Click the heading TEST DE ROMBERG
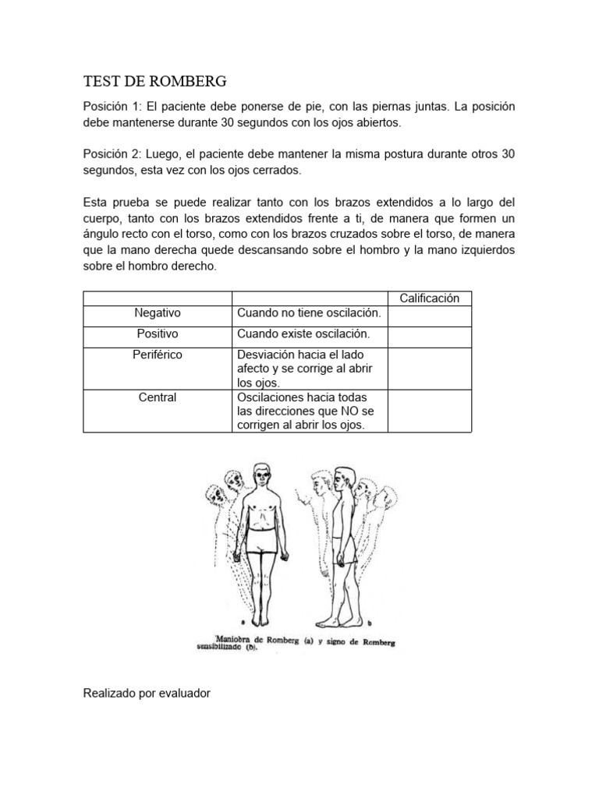pos(154,81)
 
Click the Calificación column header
pos(429,298)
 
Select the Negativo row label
pos(158,312)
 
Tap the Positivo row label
pos(158,334)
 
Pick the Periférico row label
pos(158,355)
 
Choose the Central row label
pos(158,397)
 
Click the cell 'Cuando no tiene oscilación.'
pos(309,312)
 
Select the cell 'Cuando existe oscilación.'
pos(303,334)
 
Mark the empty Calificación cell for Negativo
pos(429,316)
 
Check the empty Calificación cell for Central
pos(429,411)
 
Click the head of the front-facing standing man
pos(261,475)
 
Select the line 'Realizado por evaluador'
pos(147,692)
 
